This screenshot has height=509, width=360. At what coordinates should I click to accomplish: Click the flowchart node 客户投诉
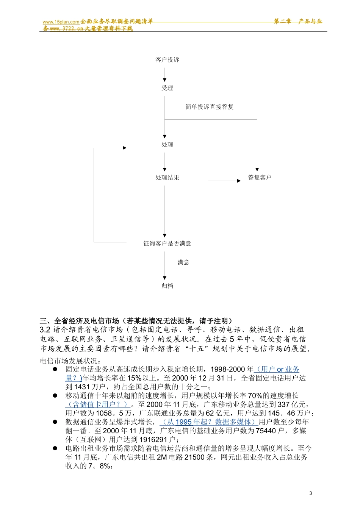pos(167,60)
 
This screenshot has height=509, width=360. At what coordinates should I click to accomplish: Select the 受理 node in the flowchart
pos(167,88)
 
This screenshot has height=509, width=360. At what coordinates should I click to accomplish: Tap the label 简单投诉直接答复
pos(210,107)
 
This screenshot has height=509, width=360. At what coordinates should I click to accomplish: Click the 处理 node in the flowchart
pos(167,145)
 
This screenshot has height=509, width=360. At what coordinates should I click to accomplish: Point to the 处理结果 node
pos(167,178)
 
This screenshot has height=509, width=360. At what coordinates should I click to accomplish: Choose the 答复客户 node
pos(260,178)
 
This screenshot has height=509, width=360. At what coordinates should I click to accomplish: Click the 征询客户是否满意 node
pos(167,244)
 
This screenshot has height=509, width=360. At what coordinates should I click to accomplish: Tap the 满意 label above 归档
pos(183,262)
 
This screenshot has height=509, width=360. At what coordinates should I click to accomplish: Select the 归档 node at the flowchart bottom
pos(167,286)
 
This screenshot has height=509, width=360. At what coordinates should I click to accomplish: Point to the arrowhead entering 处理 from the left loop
pos(125,148)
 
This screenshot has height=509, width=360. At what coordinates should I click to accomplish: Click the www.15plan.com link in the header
pos(61,22)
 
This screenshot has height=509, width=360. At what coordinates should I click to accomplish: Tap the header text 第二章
pos(282,22)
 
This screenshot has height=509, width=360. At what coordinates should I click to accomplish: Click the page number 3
pos(311,493)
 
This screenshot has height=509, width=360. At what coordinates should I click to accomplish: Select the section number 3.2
pos(45,330)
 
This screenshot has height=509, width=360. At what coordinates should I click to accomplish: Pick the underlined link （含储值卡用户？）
pos(98,404)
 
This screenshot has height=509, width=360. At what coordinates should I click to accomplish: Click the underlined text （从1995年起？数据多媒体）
pos(209,422)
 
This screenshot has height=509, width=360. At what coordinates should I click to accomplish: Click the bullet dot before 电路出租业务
pos(55,448)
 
